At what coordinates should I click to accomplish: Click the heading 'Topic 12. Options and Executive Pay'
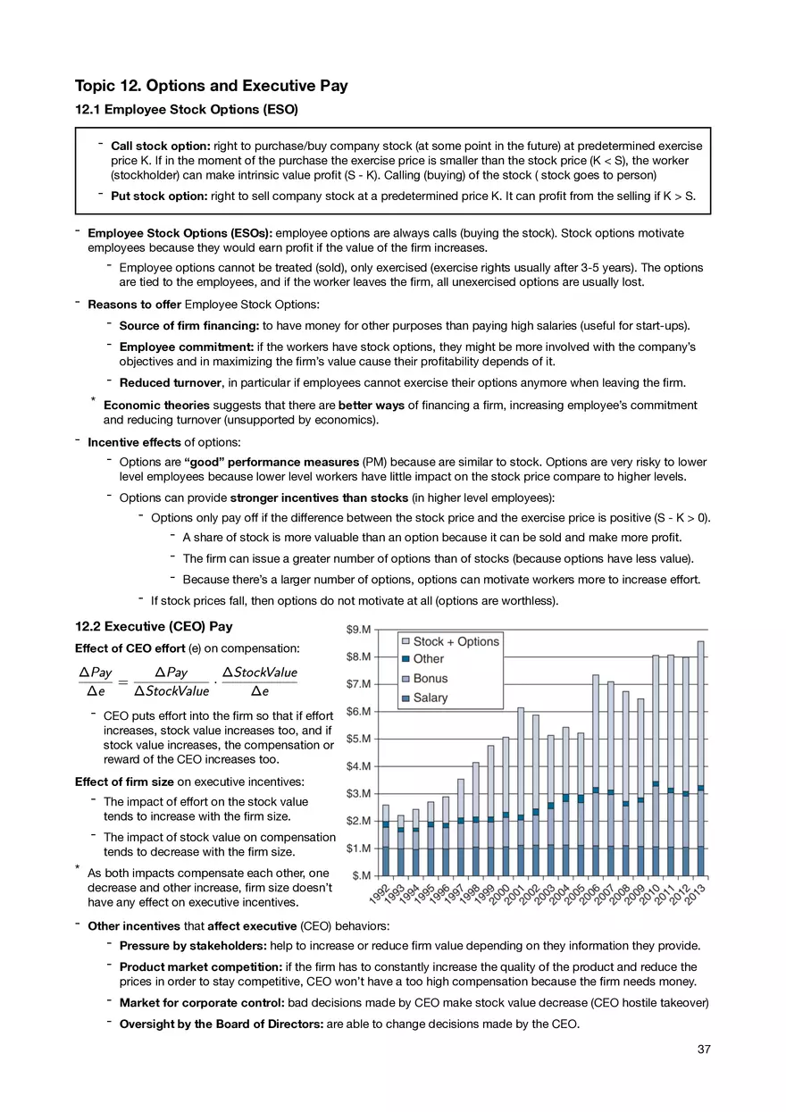pos(212,87)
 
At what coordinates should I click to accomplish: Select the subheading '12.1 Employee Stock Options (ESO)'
pos(186,111)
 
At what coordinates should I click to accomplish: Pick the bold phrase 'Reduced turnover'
pos(170,384)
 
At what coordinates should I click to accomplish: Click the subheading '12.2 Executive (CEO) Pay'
pos(154,627)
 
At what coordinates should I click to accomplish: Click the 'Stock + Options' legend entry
pos(456,641)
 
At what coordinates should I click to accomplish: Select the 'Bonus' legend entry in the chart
pos(431,679)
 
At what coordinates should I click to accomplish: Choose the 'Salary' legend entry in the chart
pos(431,698)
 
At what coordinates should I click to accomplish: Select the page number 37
pos(704,1049)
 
